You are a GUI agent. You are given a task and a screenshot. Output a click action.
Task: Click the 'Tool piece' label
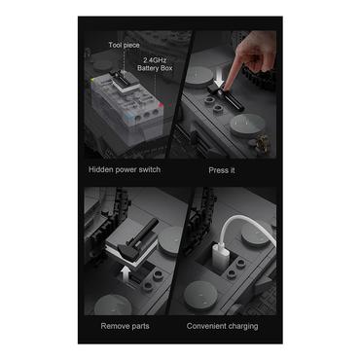pos(124,45)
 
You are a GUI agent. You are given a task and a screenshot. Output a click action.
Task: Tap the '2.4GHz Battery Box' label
pos(155,64)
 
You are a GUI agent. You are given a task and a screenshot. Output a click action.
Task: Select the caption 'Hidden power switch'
pos(125,169)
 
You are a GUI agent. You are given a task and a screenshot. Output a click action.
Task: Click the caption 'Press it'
pos(222,170)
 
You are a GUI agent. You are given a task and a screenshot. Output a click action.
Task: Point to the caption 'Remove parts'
pos(125,326)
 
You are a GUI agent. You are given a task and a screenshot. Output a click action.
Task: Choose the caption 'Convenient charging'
pos(222,326)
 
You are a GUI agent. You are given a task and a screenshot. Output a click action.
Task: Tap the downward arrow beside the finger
pos(219,79)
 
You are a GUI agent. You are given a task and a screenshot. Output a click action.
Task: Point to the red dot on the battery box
pos(161,104)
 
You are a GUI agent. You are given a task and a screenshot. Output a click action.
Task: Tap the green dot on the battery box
pos(92,80)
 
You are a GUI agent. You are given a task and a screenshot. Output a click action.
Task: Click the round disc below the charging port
pos(200,295)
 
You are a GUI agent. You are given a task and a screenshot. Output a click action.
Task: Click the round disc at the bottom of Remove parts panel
pos(113,305)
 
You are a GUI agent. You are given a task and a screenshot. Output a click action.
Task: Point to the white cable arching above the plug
pos(245,227)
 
